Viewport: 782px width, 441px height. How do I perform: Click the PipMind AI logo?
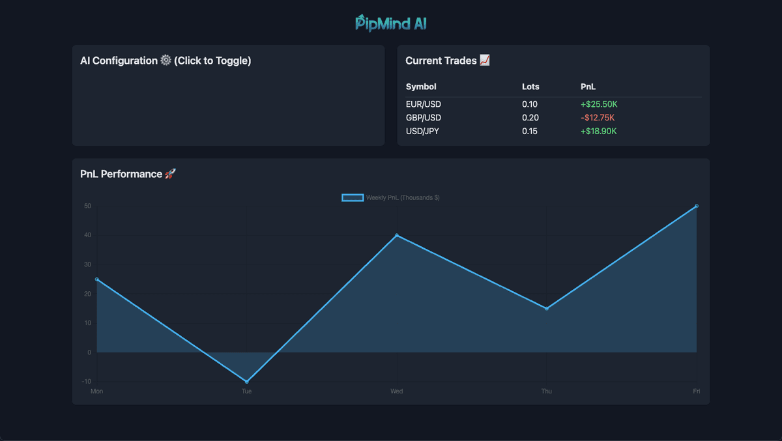point(391,23)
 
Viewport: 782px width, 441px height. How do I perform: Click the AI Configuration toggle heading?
point(166,61)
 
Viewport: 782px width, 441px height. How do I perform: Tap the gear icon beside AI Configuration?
point(166,60)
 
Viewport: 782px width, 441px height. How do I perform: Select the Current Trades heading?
point(441,61)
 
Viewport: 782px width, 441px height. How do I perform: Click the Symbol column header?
point(421,87)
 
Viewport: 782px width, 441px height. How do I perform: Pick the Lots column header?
point(530,87)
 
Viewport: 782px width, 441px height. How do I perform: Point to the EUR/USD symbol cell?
point(424,104)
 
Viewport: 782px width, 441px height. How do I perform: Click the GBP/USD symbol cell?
point(424,118)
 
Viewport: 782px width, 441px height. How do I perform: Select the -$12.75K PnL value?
point(598,118)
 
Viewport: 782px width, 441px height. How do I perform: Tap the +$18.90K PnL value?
point(599,132)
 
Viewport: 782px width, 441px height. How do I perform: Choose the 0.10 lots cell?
point(530,104)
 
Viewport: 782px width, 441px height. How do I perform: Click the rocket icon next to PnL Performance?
point(170,174)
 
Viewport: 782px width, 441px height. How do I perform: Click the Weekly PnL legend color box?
point(353,197)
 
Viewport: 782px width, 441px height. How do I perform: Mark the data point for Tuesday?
point(247,382)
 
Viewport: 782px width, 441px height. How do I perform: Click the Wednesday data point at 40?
point(397,235)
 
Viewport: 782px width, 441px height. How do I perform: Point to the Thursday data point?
point(547,309)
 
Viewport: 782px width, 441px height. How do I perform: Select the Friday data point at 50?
point(697,206)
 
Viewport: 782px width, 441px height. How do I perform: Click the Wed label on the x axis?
point(396,391)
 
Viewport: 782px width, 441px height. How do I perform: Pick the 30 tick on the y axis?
point(87,264)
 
